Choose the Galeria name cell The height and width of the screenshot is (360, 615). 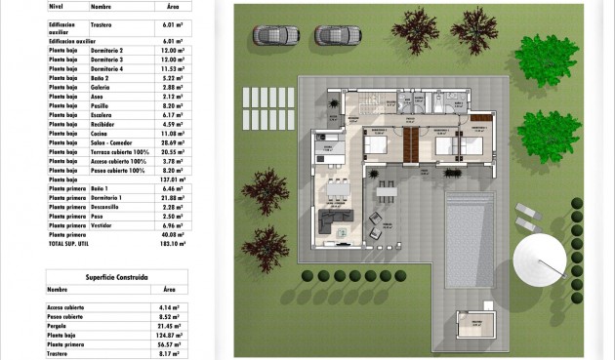coord(105,87)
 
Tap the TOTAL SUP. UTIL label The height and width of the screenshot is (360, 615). coord(68,244)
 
